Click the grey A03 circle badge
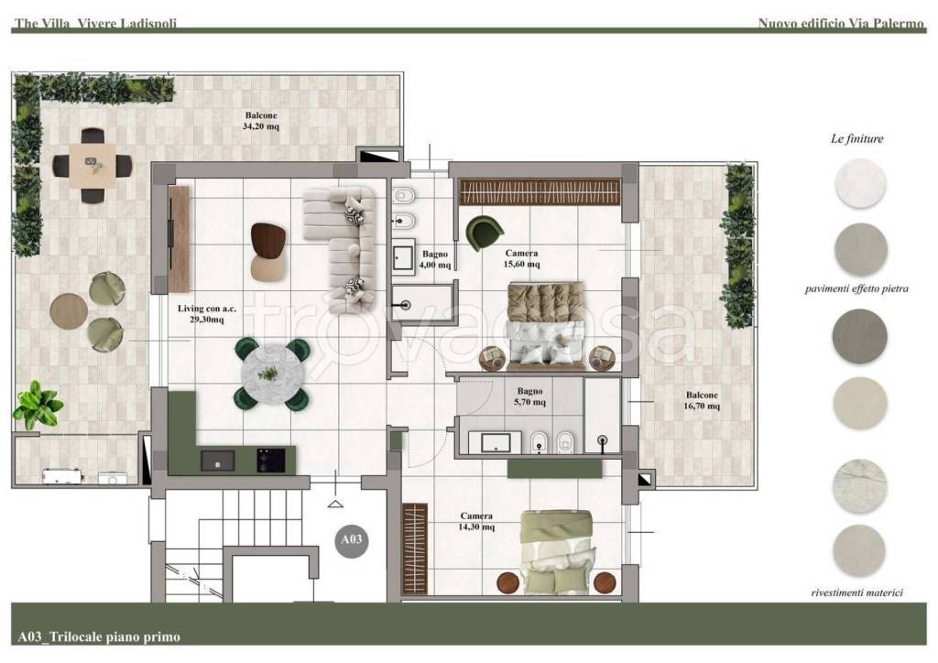pyautogui.click(x=351, y=540)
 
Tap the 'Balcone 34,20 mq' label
pyautogui.click(x=261, y=121)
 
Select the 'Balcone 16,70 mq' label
pyautogui.click(x=702, y=400)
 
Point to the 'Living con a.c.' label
pyautogui.click(x=207, y=309)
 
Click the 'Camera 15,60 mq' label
pyautogui.click(x=521, y=258)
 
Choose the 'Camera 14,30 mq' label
pyautogui.click(x=476, y=521)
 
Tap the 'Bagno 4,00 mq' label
pyautogui.click(x=435, y=259)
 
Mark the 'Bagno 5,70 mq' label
pyautogui.click(x=530, y=397)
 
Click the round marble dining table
pyautogui.click(x=273, y=375)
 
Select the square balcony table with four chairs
pyautogui.click(x=92, y=166)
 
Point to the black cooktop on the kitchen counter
pyautogui.click(x=270, y=461)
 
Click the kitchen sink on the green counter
pyautogui.click(x=217, y=461)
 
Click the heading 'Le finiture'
pyautogui.click(x=856, y=138)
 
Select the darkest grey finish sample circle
pyautogui.click(x=859, y=336)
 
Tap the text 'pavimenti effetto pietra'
pyautogui.click(x=856, y=288)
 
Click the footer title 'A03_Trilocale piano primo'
pyautogui.click(x=99, y=636)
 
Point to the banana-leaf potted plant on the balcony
pyautogui.click(x=37, y=405)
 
